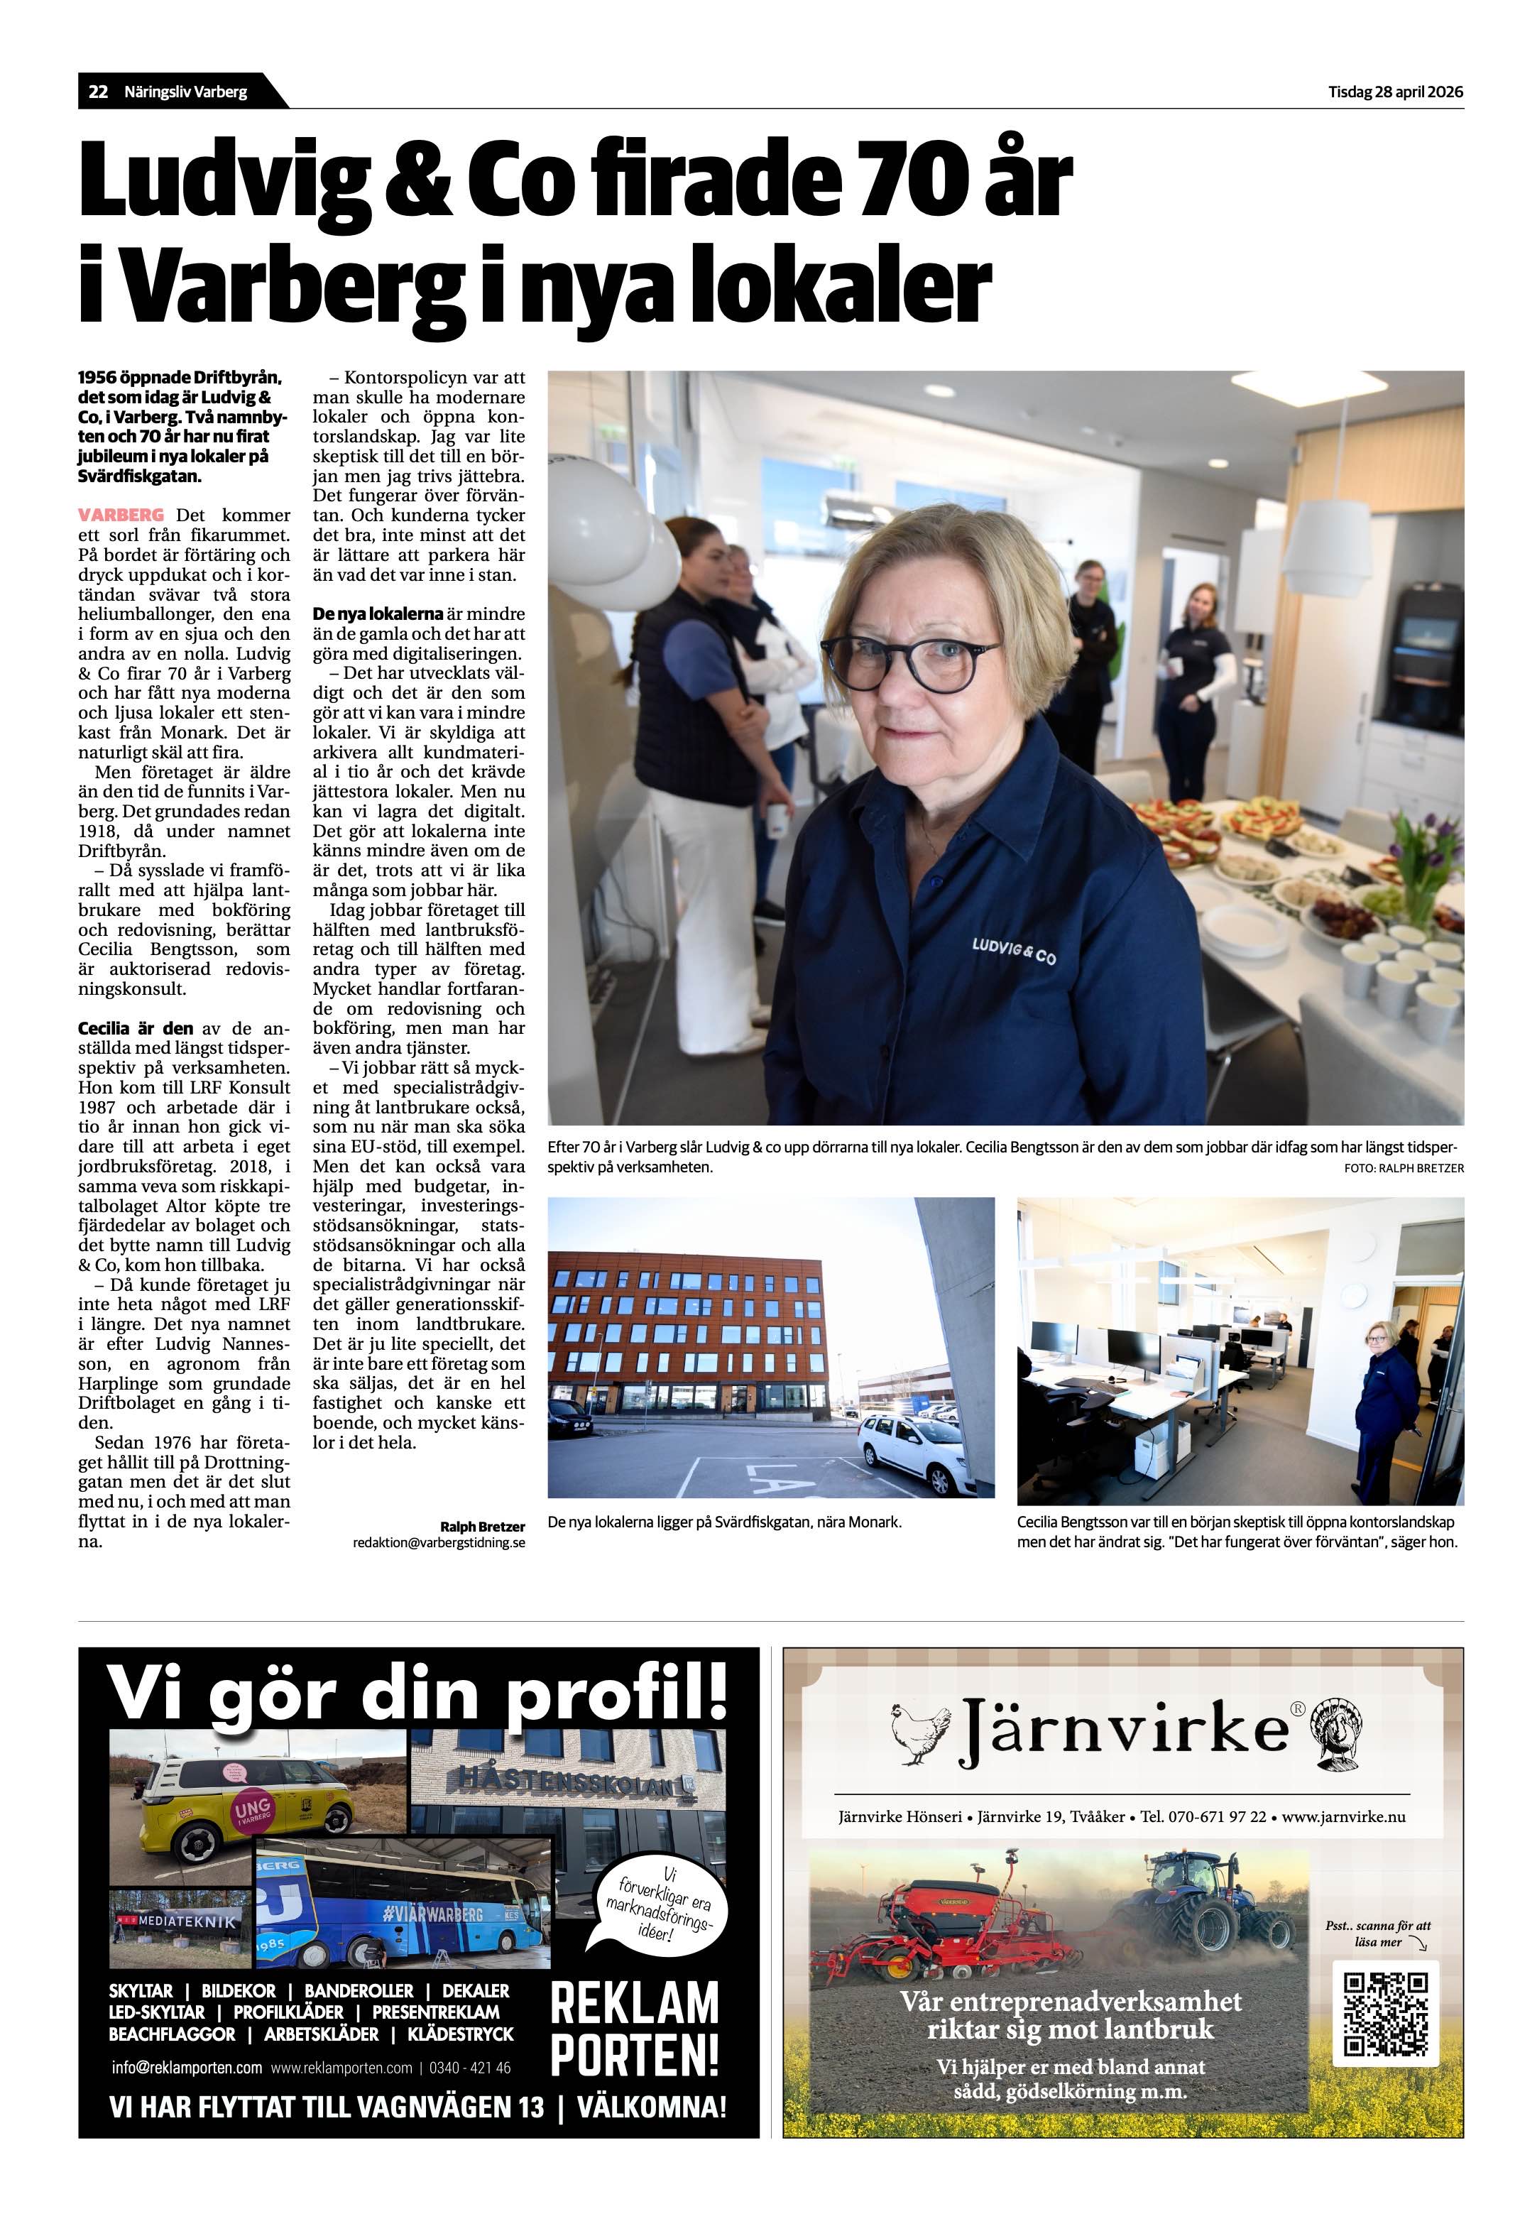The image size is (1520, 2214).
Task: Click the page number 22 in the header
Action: [x=97, y=92]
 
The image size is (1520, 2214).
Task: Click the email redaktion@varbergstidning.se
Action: [x=438, y=1542]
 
